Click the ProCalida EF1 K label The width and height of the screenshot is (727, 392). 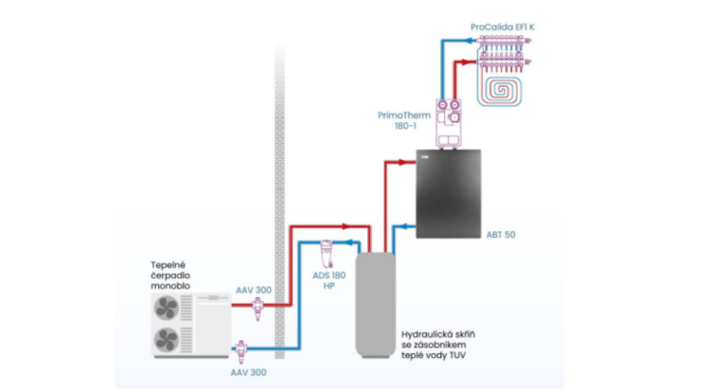502,27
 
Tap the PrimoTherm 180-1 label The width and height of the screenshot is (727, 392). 404,120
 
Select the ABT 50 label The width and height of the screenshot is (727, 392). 501,235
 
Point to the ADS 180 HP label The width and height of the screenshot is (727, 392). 328,280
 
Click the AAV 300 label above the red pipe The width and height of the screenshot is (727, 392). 254,291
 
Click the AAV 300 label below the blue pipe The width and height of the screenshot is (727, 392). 249,372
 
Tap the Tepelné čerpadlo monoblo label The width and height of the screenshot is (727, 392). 170,276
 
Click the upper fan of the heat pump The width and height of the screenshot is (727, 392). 167,307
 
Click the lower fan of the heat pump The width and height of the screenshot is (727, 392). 167,340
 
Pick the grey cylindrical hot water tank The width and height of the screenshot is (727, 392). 376,305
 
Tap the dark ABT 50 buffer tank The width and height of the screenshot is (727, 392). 449,194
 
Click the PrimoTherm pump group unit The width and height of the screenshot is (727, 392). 449,123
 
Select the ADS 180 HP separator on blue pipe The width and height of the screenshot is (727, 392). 327,254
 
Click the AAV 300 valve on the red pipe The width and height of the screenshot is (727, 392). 257,308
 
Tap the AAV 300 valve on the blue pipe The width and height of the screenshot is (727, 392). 241,351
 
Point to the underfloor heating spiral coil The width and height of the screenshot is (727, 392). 500,90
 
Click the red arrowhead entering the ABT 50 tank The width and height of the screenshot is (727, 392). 408,162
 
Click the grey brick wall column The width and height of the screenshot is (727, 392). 279,202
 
